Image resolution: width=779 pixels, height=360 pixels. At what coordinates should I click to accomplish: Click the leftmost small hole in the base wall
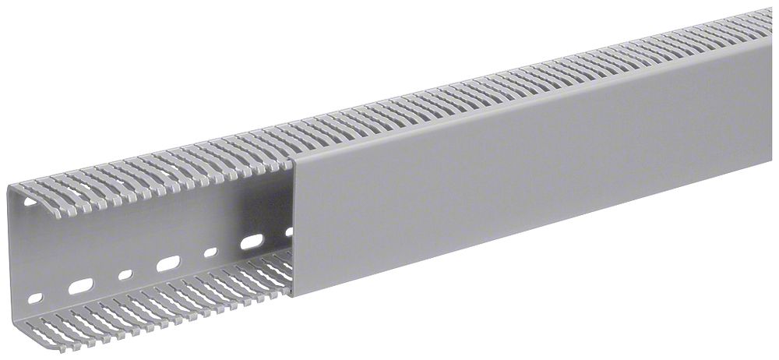pos(34,298)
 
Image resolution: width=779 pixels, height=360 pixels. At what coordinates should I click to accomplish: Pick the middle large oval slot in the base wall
pos(167,264)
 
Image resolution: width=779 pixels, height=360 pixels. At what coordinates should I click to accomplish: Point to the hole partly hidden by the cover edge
pos(290,231)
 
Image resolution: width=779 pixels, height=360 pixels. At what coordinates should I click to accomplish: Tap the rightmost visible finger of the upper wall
pos(767,14)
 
